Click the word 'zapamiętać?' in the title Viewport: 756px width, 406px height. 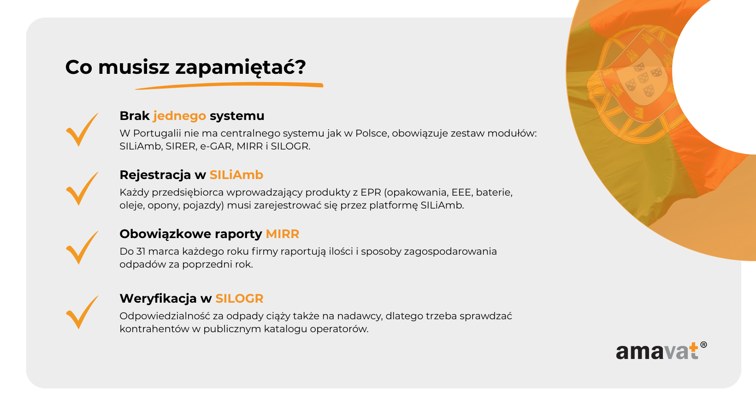pos(240,67)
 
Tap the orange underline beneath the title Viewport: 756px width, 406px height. pos(229,85)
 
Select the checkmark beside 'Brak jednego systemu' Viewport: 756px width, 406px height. pos(82,130)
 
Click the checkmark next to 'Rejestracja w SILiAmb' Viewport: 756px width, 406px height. pos(82,189)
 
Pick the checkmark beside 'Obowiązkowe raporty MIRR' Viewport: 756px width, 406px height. pos(82,248)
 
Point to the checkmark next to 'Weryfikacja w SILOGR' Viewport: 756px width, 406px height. pos(82,312)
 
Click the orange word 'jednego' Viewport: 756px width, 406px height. pos(180,116)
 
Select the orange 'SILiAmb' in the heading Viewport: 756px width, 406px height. pos(236,175)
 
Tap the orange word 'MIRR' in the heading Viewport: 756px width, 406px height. pos(283,234)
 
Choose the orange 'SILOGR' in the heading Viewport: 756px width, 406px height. pos(239,299)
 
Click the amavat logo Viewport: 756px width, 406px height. pos(661,351)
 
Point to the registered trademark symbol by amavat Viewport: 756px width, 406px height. pos(703,345)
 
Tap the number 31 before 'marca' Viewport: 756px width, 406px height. pos(141,251)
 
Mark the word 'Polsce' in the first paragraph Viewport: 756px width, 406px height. pos(371,133)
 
